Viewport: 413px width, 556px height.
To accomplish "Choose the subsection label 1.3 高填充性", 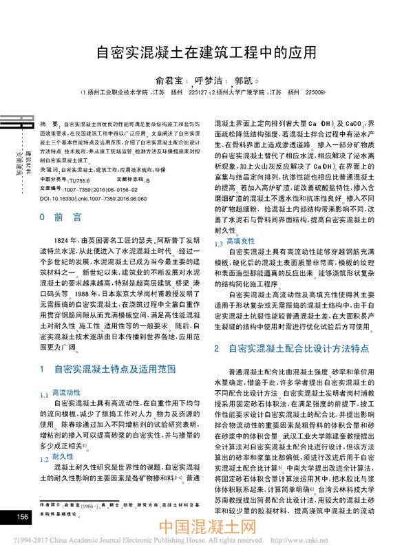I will pyautogui.click(x=231, y=242).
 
